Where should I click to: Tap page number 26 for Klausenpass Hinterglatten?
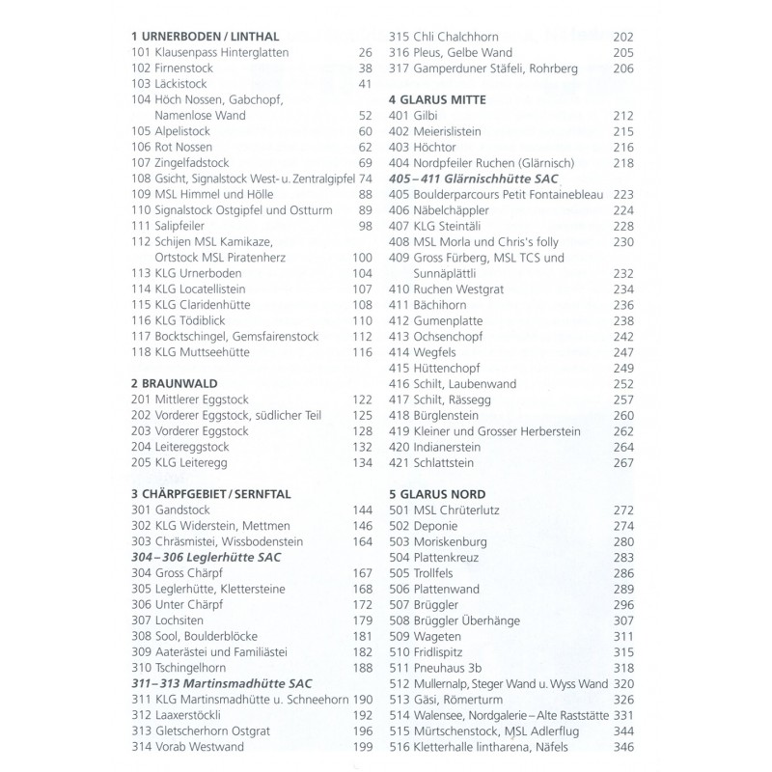pos(364,52)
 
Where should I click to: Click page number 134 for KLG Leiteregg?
pos(361,463)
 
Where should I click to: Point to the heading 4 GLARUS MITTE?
pos(436,99)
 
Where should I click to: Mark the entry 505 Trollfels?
pos(427,572)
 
